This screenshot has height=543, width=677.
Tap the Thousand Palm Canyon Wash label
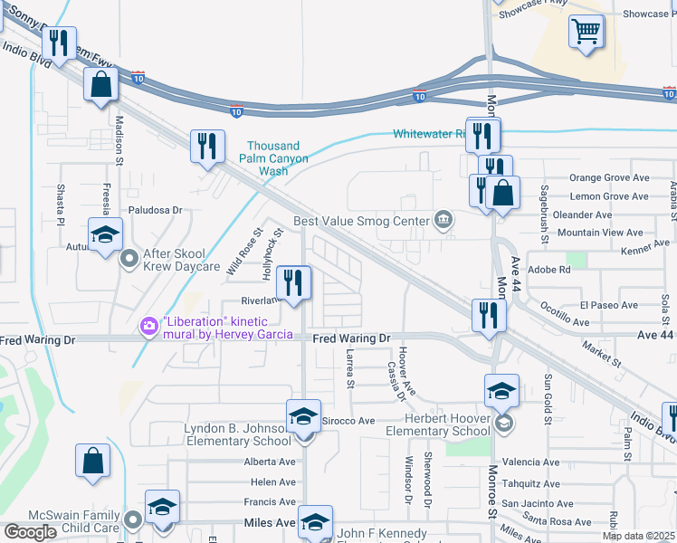[x=273, y=158]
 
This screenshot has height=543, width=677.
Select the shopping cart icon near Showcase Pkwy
[x=586, y=33]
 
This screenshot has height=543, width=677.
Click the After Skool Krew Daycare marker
[x=129, y=260]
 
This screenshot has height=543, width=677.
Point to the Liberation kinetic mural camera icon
[x=148, y=324]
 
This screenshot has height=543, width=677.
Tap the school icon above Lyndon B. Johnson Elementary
[x=303, y=416]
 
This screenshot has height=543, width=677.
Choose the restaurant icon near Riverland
[x=292, y=282]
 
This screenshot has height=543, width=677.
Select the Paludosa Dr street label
[x=155, y=210]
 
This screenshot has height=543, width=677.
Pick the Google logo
[x=30, y=531]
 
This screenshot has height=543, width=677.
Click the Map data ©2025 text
[x=638, y=536]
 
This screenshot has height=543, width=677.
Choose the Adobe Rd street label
[x=552, y=269]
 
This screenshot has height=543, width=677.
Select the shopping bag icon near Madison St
[x=100, y=86]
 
